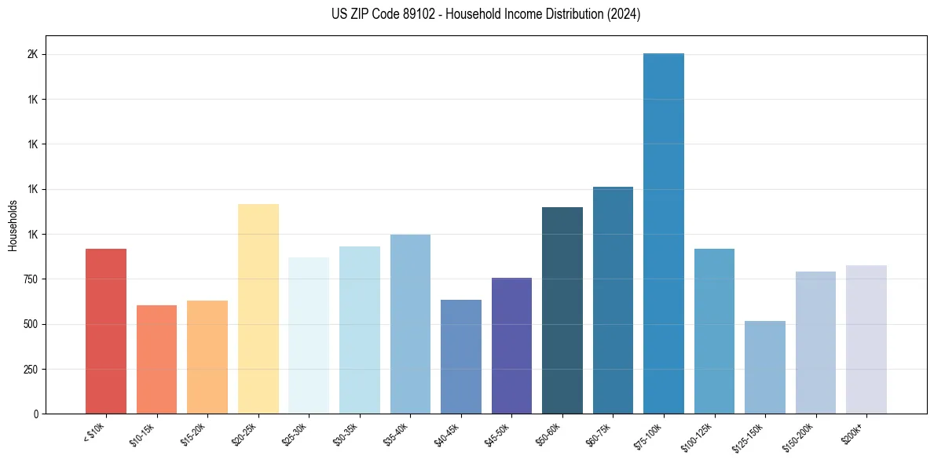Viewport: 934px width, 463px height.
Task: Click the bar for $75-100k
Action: tap(664, 233)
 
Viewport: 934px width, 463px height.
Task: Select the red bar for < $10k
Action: tap(106, 331)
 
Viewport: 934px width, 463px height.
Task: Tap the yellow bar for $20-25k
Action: tap(258, 308)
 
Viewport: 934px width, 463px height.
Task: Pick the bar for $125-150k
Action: tap(765, 367)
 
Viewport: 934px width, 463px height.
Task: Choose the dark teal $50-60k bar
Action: tap(562, 310)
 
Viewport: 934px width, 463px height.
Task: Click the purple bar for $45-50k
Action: tap(511, 345)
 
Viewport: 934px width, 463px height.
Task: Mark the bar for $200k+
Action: tap(866, 339)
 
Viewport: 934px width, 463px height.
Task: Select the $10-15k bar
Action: tap(156, 359)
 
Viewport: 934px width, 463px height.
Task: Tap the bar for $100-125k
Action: tap(714, 331)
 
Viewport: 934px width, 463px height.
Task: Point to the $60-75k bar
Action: tap(613, 300)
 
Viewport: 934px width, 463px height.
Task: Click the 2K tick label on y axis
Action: tap(33, 55)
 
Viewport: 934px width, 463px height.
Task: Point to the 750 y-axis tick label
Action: tap(30, 279)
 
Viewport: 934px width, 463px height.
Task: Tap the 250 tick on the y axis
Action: tap(30, 369)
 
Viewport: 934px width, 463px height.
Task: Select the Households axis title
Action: tap(13, 225)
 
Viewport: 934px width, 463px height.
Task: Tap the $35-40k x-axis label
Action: tap(398, 434)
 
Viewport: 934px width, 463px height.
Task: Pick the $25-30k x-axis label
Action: tap(297, 434)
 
